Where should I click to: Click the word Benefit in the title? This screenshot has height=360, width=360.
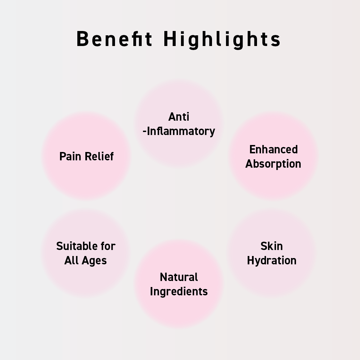(114, 39)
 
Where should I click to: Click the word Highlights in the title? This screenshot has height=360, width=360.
(222, 39)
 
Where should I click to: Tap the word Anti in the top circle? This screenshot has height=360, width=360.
(179, 117)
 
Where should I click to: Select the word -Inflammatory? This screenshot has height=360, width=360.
(179, 131)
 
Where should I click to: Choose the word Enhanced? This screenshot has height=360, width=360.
(273, 149)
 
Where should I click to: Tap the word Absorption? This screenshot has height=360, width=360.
(273, 164)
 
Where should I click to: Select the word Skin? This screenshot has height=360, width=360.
(272, 246)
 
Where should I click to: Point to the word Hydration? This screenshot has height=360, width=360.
(272, 261)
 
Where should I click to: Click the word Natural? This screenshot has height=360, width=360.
(179, 277)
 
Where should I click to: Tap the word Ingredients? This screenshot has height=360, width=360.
(179, 292)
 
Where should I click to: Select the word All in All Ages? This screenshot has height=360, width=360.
(71, 260)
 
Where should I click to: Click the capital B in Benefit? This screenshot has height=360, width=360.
(82, 39)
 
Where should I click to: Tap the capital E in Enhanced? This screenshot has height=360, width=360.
(252, 149)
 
